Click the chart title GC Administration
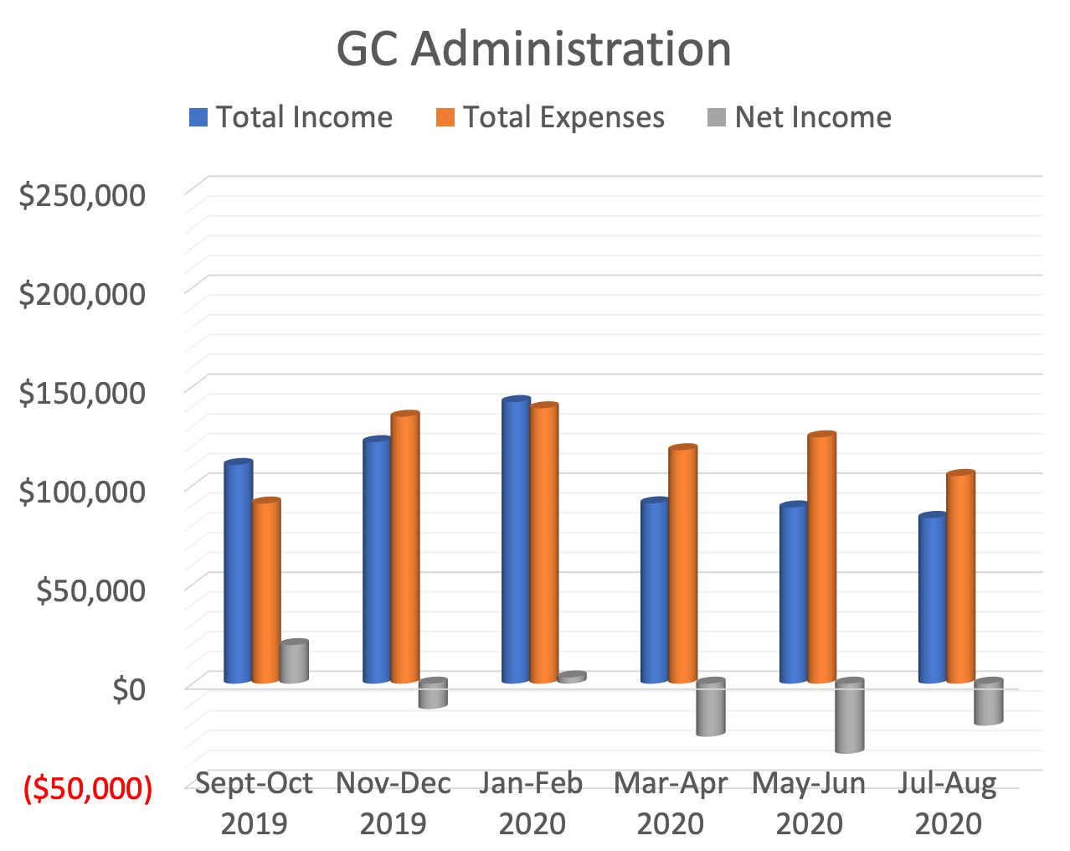coord(534,49)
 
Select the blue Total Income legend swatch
coord(198,117)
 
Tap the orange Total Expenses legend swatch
coord(445,117)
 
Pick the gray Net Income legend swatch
coord(717,117)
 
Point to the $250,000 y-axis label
coord(82,195)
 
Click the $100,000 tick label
coord(82,491)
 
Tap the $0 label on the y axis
coord(129,689)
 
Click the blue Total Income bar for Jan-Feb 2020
coord(516,541)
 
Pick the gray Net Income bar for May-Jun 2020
coord(849,716)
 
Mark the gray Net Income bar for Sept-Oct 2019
coord(294,662)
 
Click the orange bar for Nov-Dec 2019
coord(405,548)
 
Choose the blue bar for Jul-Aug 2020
coord(933,599)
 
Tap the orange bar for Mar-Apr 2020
coord(683,565)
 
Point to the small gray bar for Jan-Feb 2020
coord(572,678)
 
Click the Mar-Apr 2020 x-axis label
coord(671,803)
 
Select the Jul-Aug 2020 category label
coord(948,803)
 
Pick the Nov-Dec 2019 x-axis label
coord(394,803)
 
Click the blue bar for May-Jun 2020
coord(794,594)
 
